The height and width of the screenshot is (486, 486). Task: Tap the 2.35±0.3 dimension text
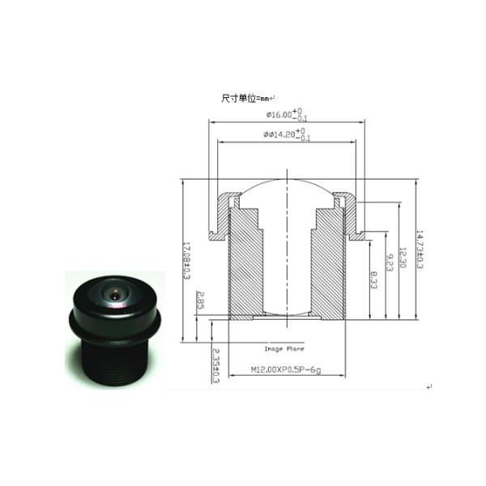(x=215, y=365)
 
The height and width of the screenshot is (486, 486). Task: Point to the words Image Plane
(x=283, y=349)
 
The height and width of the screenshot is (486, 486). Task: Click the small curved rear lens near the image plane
(x=287, y=313)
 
